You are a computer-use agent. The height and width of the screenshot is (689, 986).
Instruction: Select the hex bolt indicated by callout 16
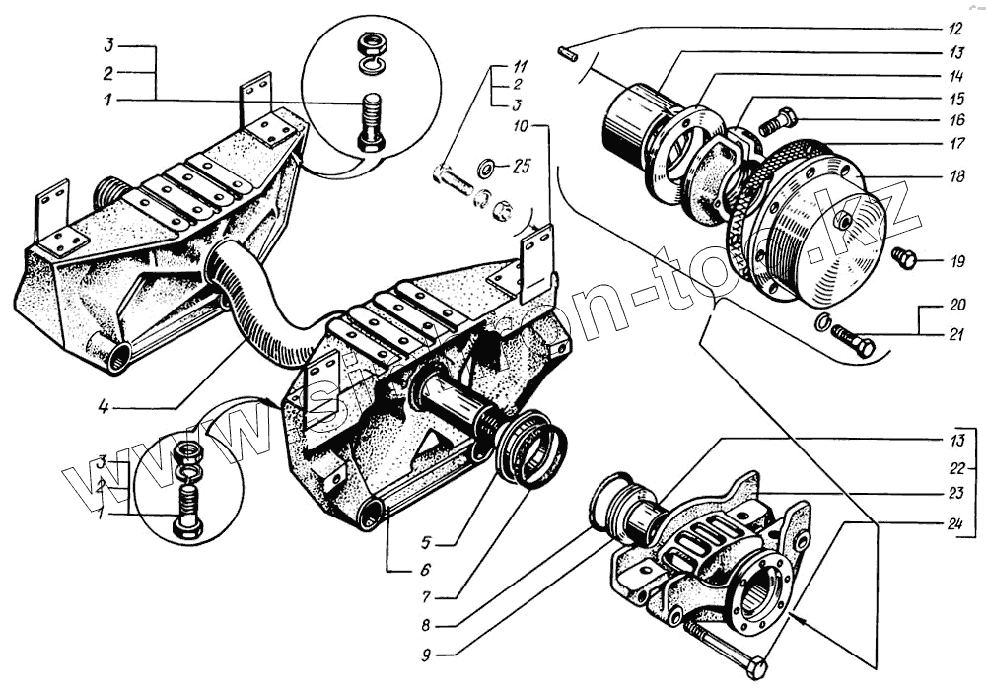779,121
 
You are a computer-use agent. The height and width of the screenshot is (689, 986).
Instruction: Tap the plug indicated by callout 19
903,259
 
